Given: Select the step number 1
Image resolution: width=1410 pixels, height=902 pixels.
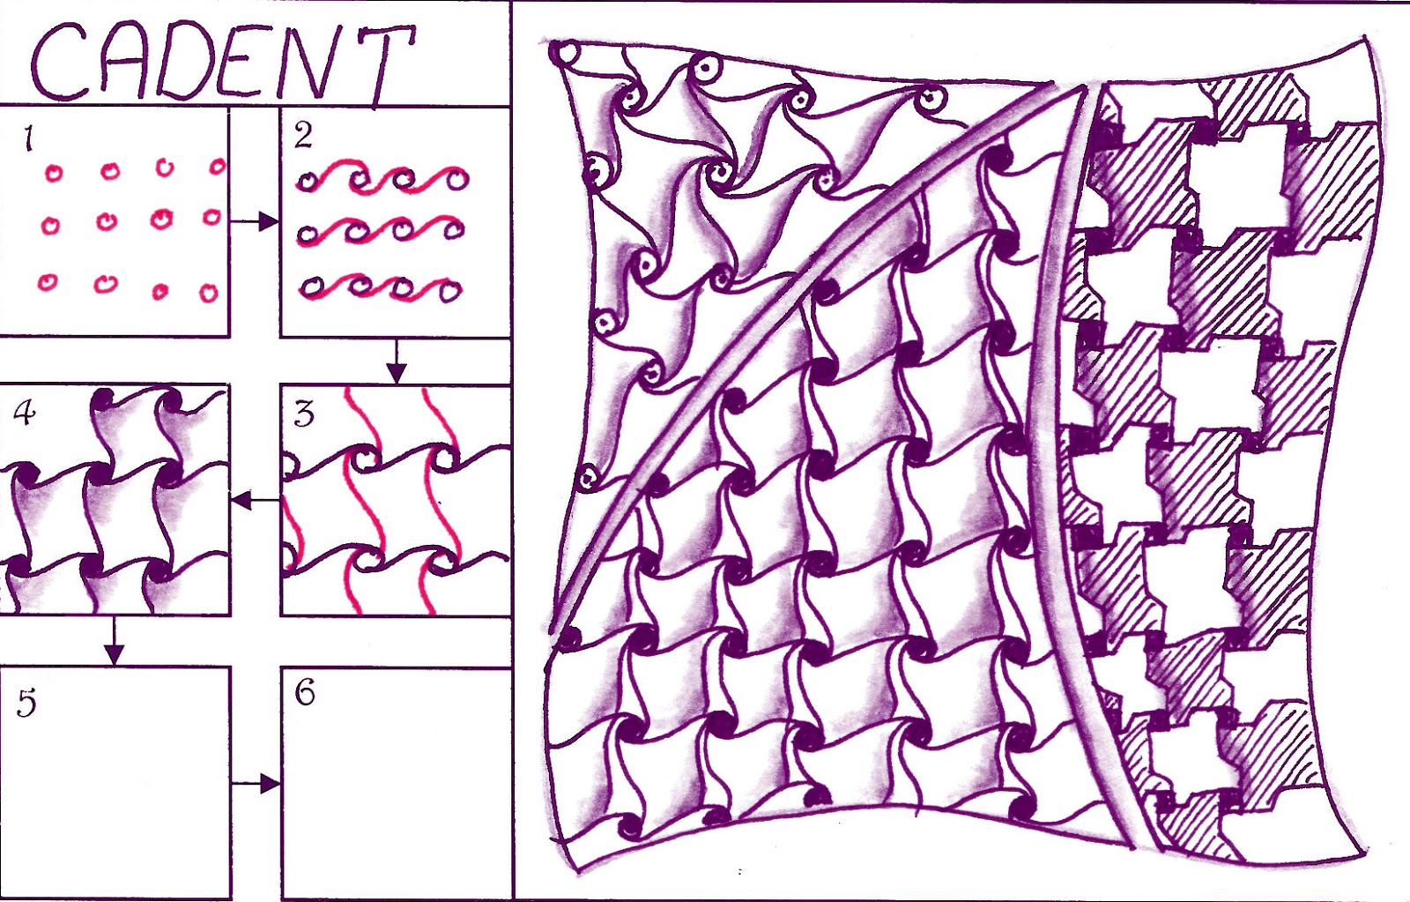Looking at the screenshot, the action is click(27, 138).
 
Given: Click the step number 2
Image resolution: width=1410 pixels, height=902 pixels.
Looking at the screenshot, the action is click(303, 136).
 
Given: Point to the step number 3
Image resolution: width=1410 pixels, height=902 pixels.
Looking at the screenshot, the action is click(305, 415).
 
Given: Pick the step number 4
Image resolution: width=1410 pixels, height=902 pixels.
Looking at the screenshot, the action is click(26, 414).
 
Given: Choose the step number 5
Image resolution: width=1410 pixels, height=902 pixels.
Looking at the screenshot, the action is click(26, 703).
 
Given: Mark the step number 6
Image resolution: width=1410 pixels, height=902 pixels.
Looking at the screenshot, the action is click(305, 694).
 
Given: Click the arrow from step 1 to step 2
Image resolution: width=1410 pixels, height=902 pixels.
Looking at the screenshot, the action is click(255, 221).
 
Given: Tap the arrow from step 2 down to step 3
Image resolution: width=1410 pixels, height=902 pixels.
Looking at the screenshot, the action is click(396, 361).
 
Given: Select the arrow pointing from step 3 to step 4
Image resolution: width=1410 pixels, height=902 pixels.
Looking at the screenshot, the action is click(256, 502).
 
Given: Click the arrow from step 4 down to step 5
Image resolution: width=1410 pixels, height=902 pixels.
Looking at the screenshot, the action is click(114, 641).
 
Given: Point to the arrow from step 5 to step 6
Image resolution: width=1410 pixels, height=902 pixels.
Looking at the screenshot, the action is click(256, 784).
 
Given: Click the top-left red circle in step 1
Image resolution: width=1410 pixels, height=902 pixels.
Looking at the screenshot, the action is click(54, 173).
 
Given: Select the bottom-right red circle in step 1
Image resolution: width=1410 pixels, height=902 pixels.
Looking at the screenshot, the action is click(208, 293).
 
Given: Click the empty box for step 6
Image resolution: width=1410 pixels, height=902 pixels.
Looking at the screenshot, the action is click(396, 783).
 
